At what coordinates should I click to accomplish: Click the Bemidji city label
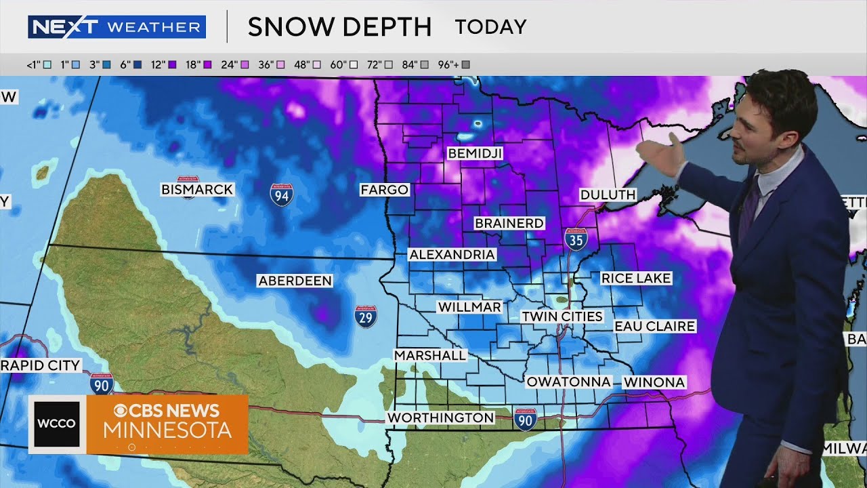475,154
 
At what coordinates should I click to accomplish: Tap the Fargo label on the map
384,190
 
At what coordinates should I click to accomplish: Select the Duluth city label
608,195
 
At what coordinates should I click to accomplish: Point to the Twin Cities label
562,317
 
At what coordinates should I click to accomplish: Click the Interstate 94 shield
281,195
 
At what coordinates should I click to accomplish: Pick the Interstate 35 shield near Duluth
576,239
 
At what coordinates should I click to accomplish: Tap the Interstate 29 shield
366,317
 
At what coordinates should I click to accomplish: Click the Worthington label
440,418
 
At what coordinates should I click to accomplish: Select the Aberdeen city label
295,281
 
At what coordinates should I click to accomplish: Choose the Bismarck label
197,190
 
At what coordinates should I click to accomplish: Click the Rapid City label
41,365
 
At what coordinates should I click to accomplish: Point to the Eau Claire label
654,326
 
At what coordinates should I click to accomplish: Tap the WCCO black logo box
57,424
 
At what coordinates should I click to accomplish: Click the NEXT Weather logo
117,27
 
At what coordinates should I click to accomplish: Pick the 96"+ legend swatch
465,65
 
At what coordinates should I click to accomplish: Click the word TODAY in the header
490,27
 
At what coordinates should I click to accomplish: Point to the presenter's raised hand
660,155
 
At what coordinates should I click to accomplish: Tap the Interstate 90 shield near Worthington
525,420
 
